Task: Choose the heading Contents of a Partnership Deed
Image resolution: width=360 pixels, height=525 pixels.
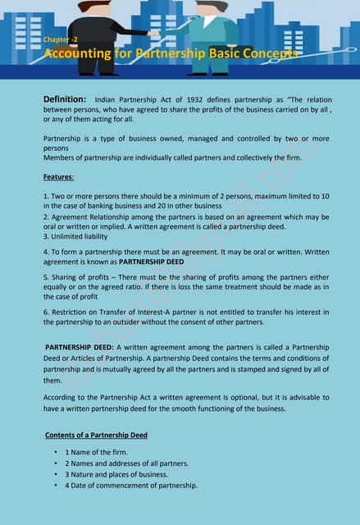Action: pos(95,435)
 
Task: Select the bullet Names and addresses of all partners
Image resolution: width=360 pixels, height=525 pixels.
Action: pos(127,463)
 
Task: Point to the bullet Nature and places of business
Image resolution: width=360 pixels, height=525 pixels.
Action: pos(116,474)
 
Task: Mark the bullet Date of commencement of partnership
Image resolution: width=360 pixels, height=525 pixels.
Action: pos(131,486)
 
